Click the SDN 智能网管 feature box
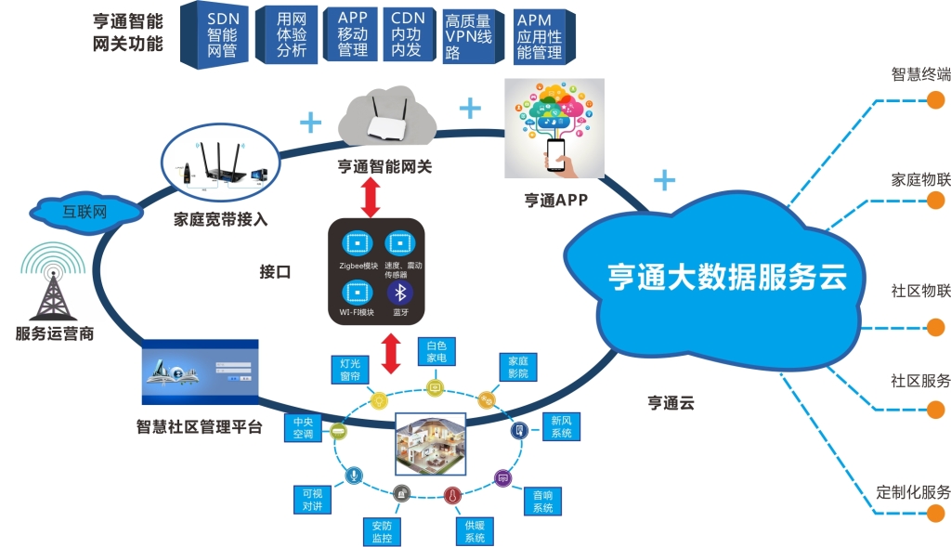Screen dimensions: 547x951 (x=221, y=35)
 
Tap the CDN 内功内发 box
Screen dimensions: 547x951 (x=407, y=35)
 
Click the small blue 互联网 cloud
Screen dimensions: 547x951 (x=85, y=211)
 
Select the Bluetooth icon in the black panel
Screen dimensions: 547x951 (x=400, y=293)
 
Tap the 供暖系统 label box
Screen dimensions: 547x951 (x=475, y=531)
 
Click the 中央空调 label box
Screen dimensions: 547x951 (x=303, y=427)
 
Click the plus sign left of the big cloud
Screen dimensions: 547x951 (x=664, y=179)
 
